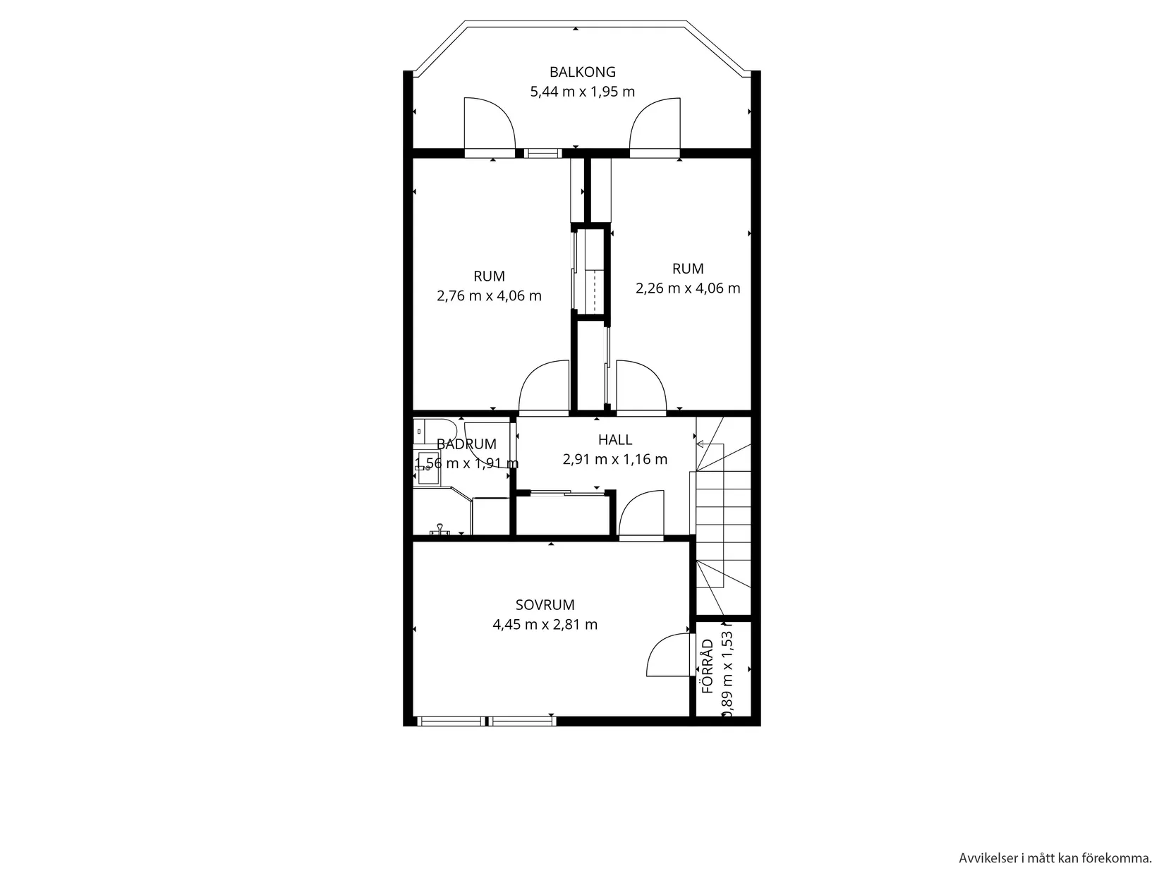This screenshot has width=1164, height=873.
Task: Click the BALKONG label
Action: pos(582,72)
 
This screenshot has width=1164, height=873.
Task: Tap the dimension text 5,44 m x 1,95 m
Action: pos(582,92)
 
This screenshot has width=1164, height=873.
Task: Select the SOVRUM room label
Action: pos(545,605)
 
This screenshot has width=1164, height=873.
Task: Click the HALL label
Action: pos(615,440)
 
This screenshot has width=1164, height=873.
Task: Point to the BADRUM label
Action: pos(466,444)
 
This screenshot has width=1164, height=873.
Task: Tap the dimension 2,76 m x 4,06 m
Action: pos(489,296)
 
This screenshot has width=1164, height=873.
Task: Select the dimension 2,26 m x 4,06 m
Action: pos(688,288)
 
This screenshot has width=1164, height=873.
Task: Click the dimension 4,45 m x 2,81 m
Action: pos(545,625)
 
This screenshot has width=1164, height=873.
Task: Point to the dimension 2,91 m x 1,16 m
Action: pos(614,460)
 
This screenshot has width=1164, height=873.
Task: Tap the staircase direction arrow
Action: pos(701,444)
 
